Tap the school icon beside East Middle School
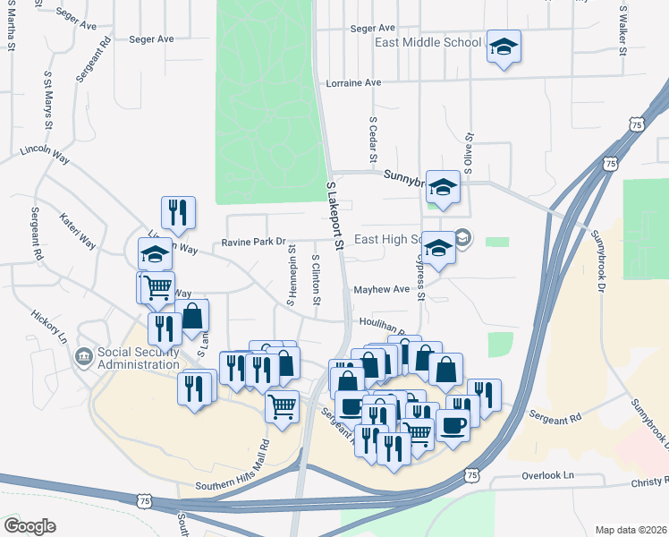[504, 47]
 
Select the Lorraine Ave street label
[353, 82]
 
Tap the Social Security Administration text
[139, 358]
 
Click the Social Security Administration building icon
[83, 357]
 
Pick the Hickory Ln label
[50, 328]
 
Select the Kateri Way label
[77, 230]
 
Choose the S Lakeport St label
[334, 215]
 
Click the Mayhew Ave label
[381, 289]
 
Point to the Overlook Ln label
[546, 478]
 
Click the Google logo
[30, 526]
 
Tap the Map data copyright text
[630, 530]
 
